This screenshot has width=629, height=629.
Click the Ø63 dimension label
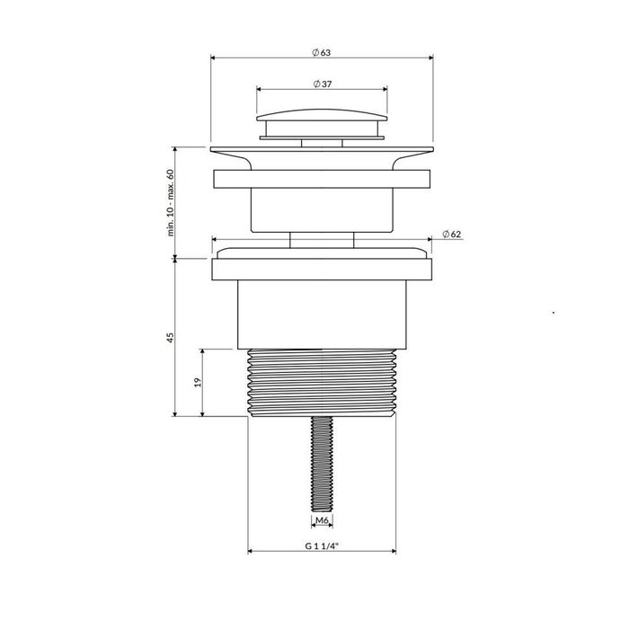click(x=322, y=52)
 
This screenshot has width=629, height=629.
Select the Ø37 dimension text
click(x=322, y=84)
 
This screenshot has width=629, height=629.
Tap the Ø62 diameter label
click(x=452, y=235)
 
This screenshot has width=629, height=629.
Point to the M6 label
click(x=322, y=520)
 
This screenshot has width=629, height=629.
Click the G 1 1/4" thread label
click(x=322, y=545)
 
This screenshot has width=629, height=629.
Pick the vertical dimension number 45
click(x=171, y=337)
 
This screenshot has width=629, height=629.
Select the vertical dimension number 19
click(x=198, y=382)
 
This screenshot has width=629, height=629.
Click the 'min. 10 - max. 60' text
click(x=171, y=202)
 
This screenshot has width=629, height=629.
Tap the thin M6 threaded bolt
click(x=322, y=464)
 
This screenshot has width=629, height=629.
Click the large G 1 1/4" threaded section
click(x=322, y=383)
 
